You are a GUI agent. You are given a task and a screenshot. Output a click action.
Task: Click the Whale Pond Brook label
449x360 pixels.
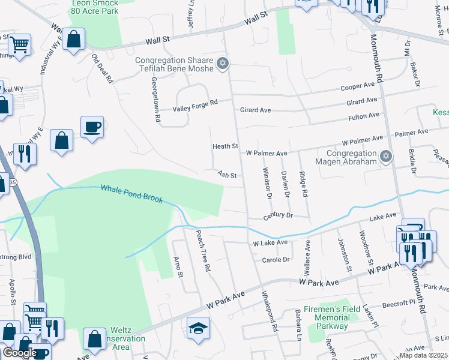click(131, 193)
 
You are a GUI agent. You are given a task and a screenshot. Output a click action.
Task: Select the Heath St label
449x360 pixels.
click(225, 146)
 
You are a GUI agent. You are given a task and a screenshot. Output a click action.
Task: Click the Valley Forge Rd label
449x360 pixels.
click(194, 109)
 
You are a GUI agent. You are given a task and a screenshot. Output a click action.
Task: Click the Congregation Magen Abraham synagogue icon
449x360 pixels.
click(386, 157)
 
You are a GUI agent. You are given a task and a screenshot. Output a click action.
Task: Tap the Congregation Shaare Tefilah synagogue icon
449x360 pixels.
click(223, 63)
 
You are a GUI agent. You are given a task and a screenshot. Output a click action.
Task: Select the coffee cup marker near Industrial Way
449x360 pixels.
click(92, 127)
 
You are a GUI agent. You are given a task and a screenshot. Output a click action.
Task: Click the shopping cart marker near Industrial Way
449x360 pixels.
click(19, 44)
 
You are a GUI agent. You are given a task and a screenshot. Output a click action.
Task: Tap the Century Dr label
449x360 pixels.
click(278, 215)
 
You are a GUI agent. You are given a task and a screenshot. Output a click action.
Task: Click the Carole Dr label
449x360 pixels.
click(276, 260)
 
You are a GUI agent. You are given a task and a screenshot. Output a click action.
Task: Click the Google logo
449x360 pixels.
click(20, 353)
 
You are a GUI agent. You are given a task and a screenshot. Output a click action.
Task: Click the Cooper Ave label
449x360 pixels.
click(358, 88)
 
